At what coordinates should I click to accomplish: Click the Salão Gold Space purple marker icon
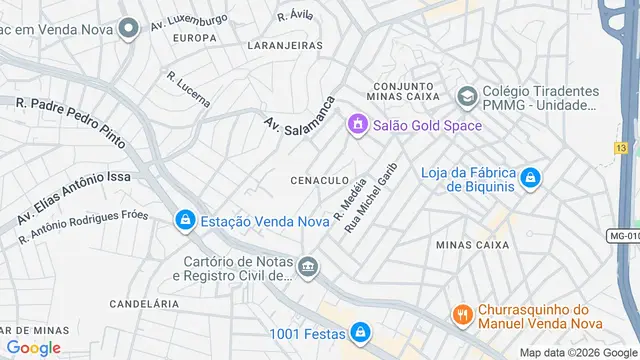point(356,125)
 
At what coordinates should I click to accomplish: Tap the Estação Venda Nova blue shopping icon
point(185,221)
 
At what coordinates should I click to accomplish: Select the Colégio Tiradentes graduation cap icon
point(466,96)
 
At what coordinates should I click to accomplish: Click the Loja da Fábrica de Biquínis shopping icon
point(532,179)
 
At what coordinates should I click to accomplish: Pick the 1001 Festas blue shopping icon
point(359,333)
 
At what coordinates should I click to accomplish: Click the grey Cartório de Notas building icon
point(309,267)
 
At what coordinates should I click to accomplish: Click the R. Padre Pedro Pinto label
point(71,122)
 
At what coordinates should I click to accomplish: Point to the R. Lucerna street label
point(188,89)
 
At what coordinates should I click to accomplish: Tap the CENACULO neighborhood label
point(319,180)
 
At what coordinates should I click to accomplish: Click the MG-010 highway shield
point(623,237)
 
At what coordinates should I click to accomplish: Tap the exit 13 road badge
point(621,148)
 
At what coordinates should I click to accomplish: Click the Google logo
point(33,347)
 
